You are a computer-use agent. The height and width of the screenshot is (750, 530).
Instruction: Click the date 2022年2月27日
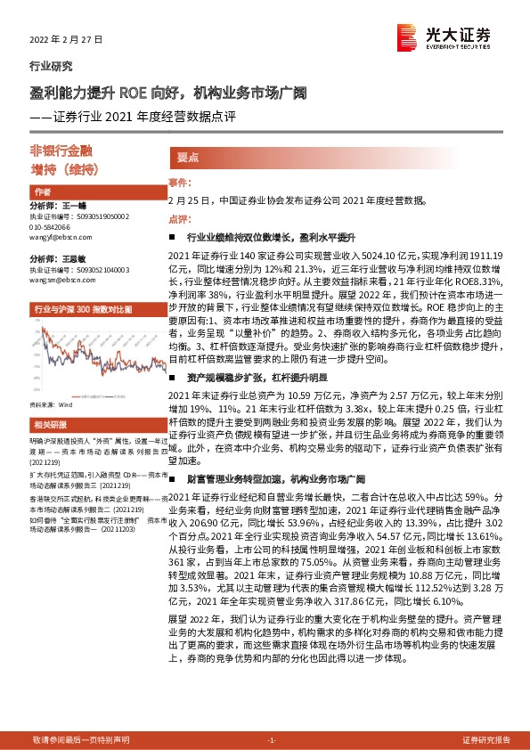click(67, 39)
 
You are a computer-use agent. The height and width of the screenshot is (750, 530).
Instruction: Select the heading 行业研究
click(51, 66)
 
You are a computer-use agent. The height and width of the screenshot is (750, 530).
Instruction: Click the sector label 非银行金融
click(80, 151)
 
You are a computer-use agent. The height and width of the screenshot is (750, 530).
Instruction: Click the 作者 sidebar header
click(42, 192)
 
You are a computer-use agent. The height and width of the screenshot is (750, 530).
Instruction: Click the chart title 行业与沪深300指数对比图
click(83, 308)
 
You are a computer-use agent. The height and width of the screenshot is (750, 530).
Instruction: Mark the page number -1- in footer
click(272, 740)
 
